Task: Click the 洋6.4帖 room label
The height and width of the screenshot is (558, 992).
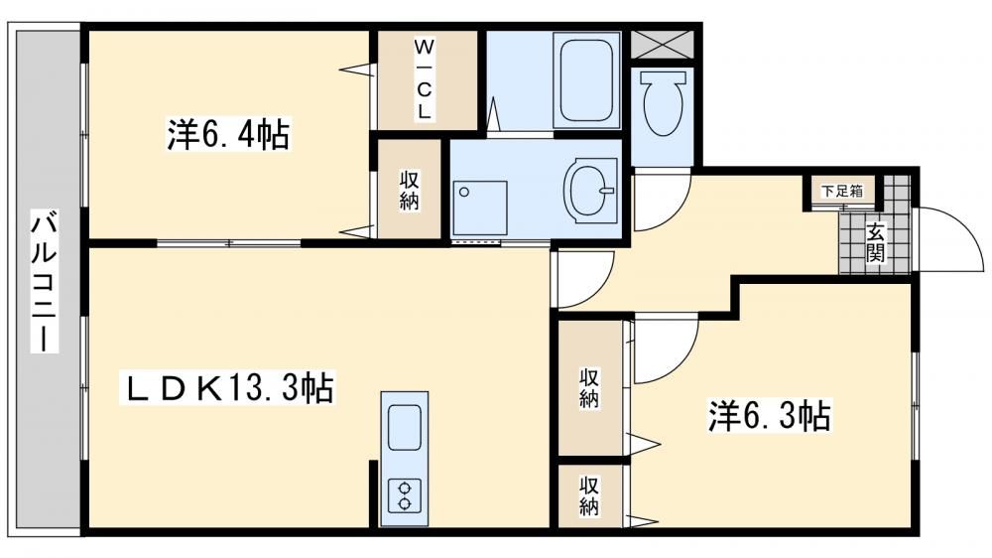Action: tap(228, 134)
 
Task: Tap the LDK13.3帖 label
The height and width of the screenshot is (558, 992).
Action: tap(227, 387)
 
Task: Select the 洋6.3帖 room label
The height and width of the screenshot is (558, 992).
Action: tap(770, 416)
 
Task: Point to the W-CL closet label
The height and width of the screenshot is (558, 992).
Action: tap(424, 79)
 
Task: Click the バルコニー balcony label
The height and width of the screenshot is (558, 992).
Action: tap(45, 283)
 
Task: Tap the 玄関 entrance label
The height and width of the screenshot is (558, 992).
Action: tap(875, 242)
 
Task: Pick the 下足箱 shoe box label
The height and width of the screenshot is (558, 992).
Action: tap(841, 191)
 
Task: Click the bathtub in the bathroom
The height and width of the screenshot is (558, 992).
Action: tap(586, 79)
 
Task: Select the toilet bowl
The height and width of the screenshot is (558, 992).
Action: tap(663, 102)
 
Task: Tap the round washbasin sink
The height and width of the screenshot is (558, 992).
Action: tap(588, 191)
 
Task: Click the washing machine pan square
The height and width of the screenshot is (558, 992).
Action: tap(479, 208)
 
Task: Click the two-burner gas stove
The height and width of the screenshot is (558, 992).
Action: tap(405, 495)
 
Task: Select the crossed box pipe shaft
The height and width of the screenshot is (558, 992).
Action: tap(663, 44)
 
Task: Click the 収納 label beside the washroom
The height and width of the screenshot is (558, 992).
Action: tap(410, 190)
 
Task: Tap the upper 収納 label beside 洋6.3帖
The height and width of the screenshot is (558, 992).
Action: tap(589, 387)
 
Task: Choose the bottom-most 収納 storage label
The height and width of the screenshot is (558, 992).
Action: tap(589, 495)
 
